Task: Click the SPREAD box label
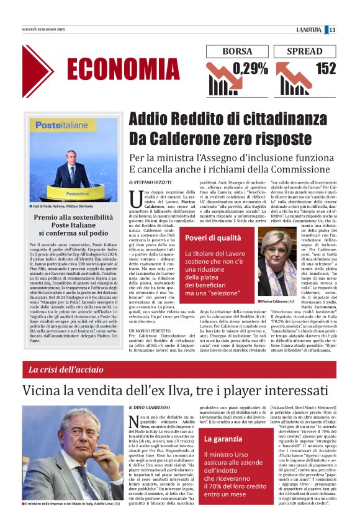[305, 51]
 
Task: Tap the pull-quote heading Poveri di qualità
[214, 238]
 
